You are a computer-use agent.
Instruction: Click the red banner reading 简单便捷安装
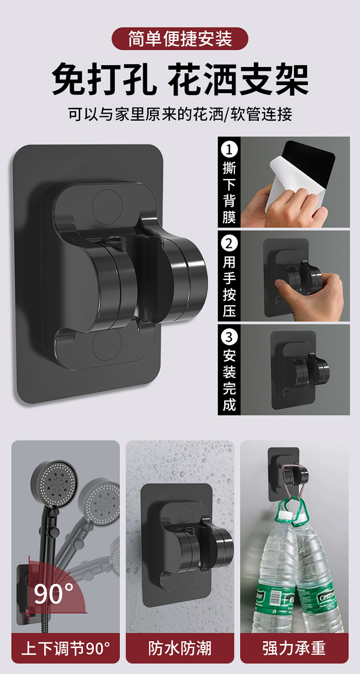pyautogui.click(x=180, y=39)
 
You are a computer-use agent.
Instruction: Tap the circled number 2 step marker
pyautogui.click(x=229, y=243)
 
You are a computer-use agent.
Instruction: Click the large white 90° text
pyautogui.click(x=54, y=594)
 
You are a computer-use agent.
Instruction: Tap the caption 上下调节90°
pyautogui.click(x=66, y=648)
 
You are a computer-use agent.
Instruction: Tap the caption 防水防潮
pyautogui.click(x=180, y=648)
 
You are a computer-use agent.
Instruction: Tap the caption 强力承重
pyautogui.click(x=294, y=648)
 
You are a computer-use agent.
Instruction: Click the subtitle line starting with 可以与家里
pyautogui.click(x=180, y=115)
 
